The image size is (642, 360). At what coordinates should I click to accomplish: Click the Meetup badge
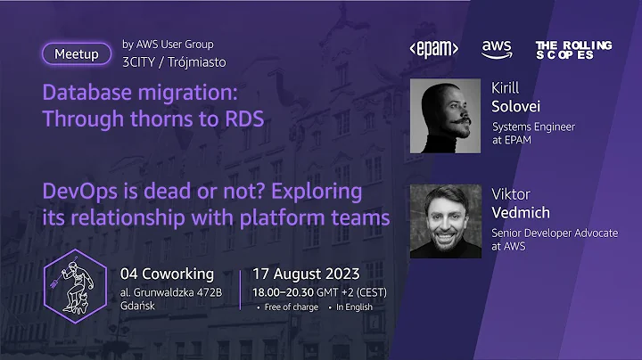point(77,53)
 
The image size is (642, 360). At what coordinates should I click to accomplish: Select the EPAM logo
point(432,48)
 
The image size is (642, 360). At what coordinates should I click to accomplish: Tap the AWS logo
point(496,49)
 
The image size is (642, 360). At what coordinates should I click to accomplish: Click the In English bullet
point(354,307)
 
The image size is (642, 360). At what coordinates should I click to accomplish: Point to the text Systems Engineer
point(533,127)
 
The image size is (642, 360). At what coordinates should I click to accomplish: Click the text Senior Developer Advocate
point(555,233)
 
